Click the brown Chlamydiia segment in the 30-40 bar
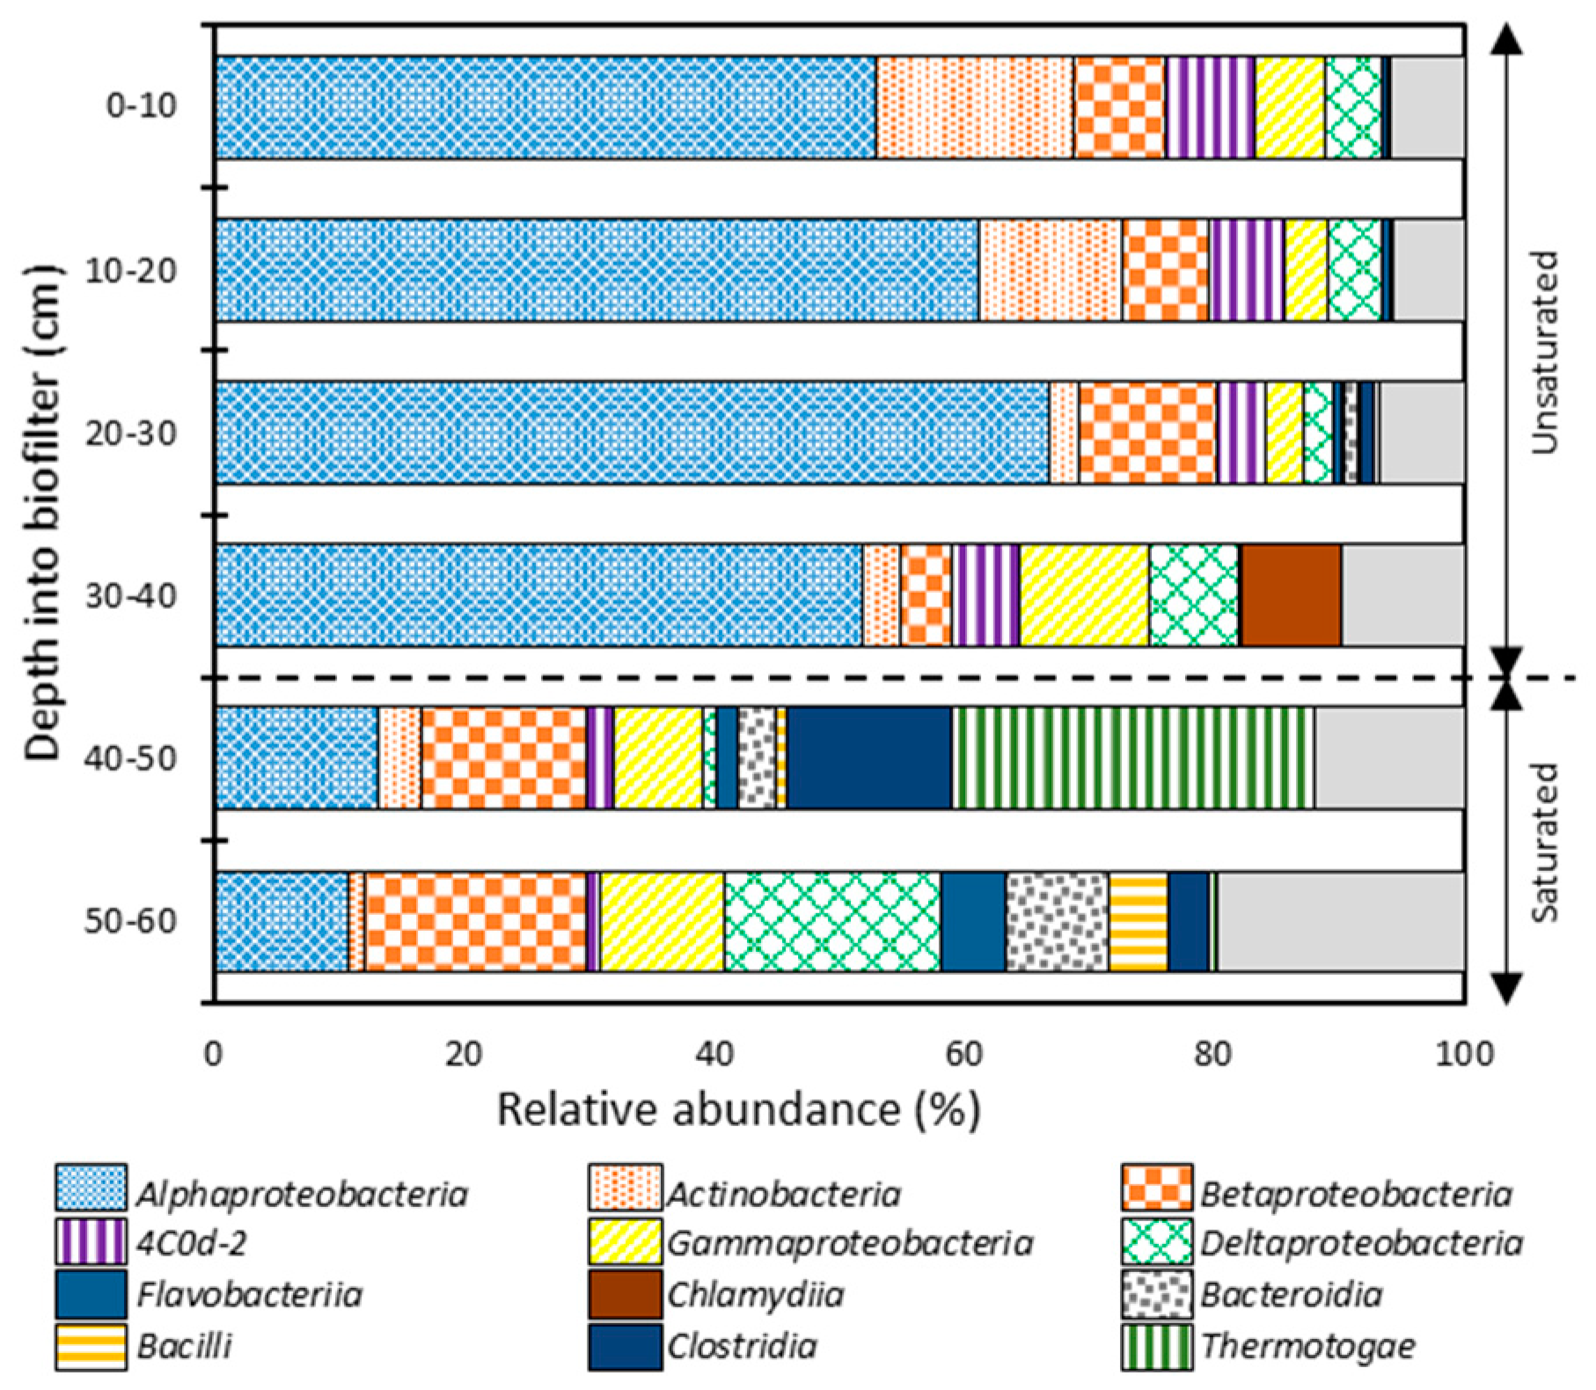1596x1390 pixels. [1291, 595]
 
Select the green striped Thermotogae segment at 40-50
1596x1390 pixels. [1133, 757]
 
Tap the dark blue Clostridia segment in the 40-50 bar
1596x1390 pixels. [869, 757]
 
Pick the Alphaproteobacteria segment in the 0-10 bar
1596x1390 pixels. [545, 107]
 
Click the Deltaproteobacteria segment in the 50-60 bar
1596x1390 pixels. [832, 922]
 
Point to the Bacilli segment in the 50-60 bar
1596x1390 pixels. [1138, 922]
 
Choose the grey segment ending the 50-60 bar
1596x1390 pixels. [1342, 922]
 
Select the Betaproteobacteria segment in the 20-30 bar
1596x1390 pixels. [1147, 432]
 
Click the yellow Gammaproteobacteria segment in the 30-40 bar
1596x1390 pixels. [1084, 595]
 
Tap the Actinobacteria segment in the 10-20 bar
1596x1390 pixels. [1051, 269]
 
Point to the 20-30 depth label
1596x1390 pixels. [130, 433]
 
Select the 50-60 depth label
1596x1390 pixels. [130, 922]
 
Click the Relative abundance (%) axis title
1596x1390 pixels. [738, 1109]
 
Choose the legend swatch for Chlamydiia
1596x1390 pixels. [625, 1294]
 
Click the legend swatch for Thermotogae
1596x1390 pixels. [1157, 1347]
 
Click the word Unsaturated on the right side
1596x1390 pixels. [1544, 352]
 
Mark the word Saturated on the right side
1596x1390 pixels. [1544, 842]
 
